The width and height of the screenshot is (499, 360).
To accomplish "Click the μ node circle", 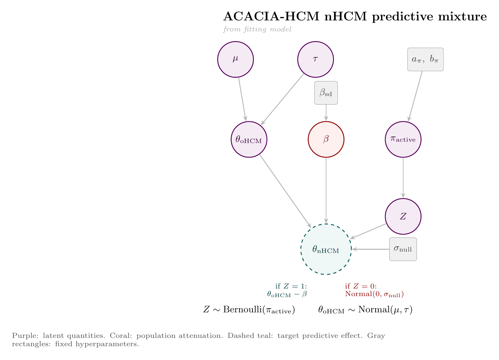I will click(x=235, y=59).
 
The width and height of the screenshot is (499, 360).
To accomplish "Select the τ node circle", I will click(x=315, y=59).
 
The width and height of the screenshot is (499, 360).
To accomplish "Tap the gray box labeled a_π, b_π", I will click(x=425, y=59).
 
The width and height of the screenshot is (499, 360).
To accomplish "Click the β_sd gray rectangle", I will click(x=326, y=93).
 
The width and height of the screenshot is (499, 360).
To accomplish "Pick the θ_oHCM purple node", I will click(x=249, y=139).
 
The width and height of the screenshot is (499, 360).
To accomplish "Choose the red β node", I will click(x=326, y=139).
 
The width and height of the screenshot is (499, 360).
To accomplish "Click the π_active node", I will click(x=403, y=139).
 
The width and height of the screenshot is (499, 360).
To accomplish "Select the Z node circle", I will click(x=403, y=217).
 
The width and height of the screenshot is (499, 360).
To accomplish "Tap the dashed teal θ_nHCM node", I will click(x=326, y=249).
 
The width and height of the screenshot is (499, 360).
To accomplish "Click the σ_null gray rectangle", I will click(x=403, y=249).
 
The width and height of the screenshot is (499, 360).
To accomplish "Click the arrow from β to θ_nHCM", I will click(x=326, y=190).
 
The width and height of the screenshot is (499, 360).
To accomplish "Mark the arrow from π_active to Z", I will click(x=403, y=178).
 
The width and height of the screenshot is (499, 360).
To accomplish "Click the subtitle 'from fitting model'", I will click(x=257, y=29).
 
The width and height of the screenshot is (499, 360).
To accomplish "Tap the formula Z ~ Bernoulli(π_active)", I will click(x=249, y=310).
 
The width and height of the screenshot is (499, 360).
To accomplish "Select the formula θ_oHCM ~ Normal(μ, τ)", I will click(x=365, y=310).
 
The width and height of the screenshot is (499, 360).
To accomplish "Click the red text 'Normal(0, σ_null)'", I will click(x=375, y=295).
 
